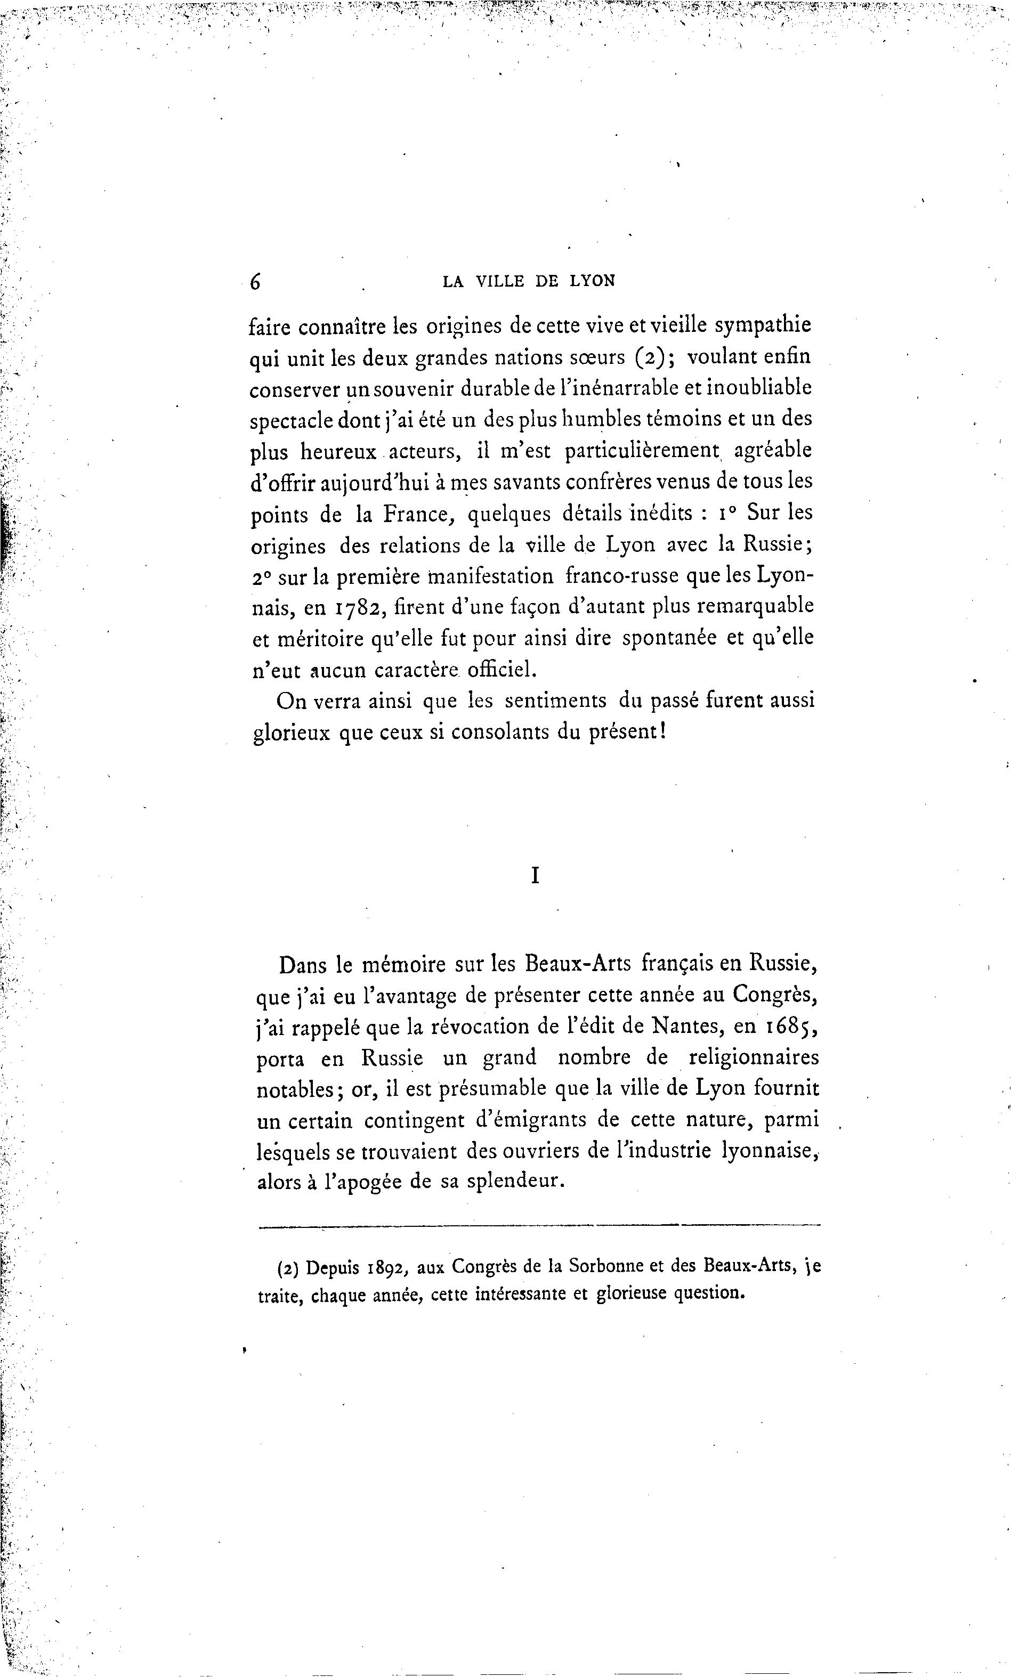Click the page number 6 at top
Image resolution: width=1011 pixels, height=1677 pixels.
coord(255,281)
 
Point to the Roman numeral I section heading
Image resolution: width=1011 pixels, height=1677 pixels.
coord(535,877)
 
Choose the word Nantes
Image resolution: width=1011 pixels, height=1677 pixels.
coord(687,1027)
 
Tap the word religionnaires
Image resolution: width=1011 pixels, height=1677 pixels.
coord(754,1059)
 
